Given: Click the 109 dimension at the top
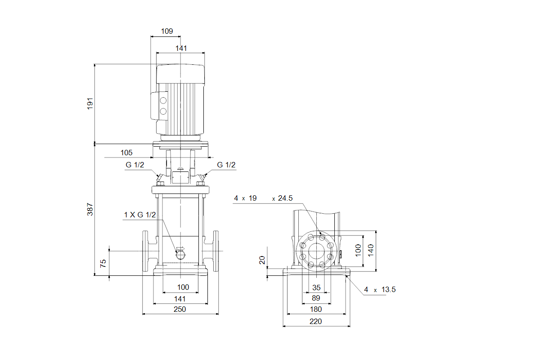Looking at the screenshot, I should click(x=167, y=31).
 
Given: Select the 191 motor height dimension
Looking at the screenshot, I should click(x=90, y=103).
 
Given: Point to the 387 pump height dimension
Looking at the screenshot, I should click(x=90, y=209).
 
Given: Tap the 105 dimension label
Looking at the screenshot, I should click(x=126, y=153).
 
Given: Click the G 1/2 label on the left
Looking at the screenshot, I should click(x=135, y=165).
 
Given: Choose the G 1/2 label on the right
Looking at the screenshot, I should click(x=226, y=165).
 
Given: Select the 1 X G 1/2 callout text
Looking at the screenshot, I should click(x=139, y=215).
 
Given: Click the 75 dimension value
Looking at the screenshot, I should click(x=103, y=263).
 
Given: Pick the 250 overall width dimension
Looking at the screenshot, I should click(x=180, y=309).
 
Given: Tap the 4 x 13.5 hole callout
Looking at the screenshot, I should click(x=380, y=290).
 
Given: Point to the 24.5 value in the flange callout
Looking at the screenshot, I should click(x=285, y=198).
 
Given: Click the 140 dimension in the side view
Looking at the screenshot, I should click(x=371, y=250).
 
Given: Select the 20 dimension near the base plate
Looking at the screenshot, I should click(x=262, y=260).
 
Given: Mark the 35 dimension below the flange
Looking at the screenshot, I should click(x=316, y=288).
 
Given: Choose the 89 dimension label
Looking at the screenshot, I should click(x=316, y=298).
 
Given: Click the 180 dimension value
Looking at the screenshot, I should click(x=316, y=309).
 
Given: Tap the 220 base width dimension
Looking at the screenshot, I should click(x=316, y=321).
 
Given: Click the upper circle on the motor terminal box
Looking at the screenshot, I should click(x=163, y=100).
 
